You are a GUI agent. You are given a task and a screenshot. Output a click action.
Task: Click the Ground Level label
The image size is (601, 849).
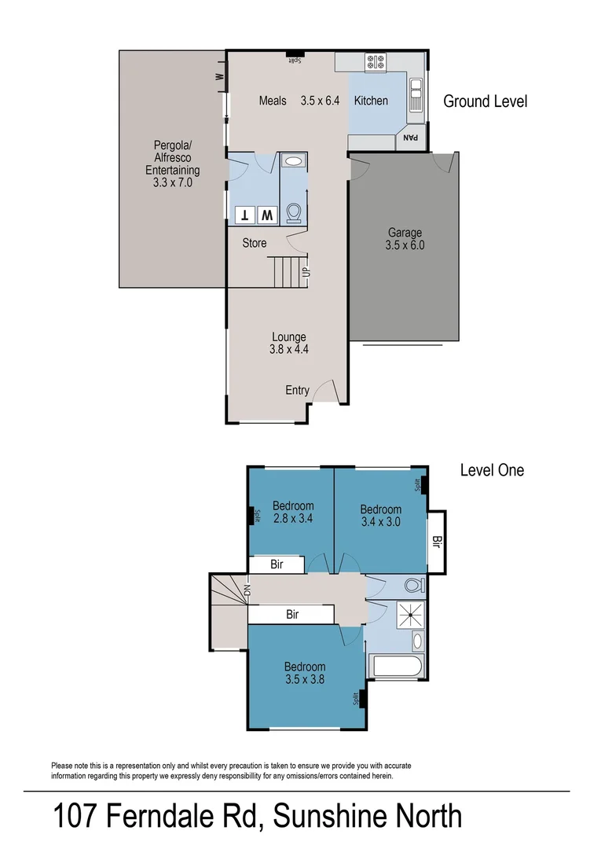click(x=485, y=101)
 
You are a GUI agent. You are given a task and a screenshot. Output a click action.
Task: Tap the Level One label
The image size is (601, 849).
click(x=492, y=470)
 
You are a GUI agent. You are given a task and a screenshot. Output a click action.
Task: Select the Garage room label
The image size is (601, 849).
click(x=405, y=239)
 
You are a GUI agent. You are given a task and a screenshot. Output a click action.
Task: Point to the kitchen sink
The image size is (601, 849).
click(x=416, y=94)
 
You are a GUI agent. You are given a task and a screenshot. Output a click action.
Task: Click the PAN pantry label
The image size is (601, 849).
click(x=411, y=139)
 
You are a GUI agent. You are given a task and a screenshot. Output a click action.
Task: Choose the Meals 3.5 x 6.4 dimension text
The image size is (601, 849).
click(x=320, y=101)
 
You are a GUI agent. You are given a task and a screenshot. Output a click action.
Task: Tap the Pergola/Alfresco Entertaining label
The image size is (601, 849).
click(x=173, y=164)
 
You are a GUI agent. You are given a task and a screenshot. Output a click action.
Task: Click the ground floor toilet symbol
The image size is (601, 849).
click(x=293, y=213)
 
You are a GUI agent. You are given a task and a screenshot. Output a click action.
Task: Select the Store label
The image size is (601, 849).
click(x=254, y=243)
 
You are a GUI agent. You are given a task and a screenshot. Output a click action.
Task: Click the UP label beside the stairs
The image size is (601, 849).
click(x=306, y=272)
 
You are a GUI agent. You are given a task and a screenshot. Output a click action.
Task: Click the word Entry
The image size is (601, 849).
click(x=297, y=391)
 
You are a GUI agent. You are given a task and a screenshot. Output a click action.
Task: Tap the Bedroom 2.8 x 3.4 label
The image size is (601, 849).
click(x=293, y=512)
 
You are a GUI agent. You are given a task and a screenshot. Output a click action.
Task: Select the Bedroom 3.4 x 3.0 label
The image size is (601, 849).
click(x=381, y=516)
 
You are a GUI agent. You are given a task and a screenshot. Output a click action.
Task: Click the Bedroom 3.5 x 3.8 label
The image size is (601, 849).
click(x=305, y=673)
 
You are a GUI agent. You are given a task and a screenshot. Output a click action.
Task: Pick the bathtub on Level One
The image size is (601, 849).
click(x=398, y=667)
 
